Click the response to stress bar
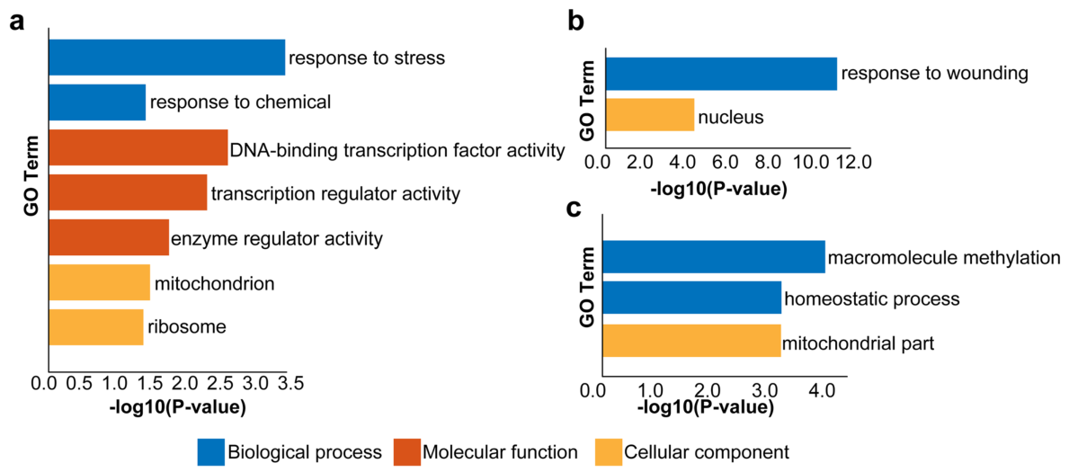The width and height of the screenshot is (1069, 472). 166,58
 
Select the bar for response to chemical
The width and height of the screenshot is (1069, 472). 97,102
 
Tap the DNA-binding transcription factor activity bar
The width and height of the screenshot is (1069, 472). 138,147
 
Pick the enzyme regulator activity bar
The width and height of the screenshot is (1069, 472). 109,237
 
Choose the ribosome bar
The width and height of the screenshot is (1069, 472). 95,326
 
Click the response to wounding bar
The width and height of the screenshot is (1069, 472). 720,74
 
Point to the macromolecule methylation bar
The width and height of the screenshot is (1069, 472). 714,256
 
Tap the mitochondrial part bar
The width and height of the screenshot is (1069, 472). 692,341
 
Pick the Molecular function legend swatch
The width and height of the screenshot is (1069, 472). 405,450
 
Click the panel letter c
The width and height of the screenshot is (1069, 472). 574,207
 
